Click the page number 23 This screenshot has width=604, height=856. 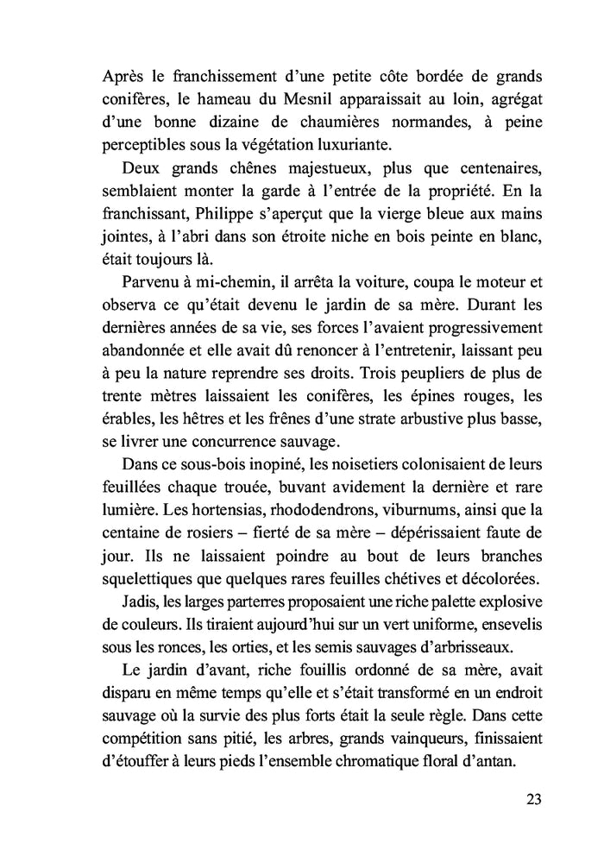tap(532, 797)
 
